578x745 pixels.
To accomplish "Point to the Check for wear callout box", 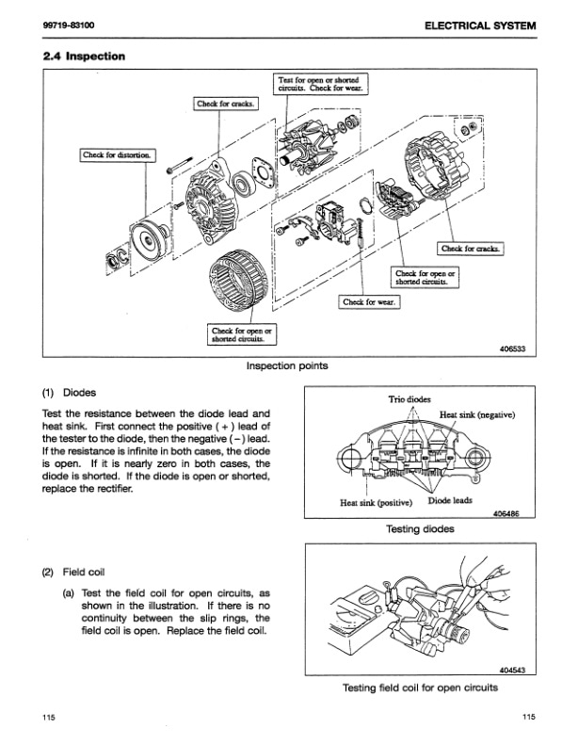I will pos(370,302).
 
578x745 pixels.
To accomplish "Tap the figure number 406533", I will pos(509,348).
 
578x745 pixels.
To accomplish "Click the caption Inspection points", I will pos(287,366).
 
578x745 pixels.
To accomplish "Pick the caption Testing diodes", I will pos(421,529).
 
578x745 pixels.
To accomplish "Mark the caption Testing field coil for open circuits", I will pos(419,687).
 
